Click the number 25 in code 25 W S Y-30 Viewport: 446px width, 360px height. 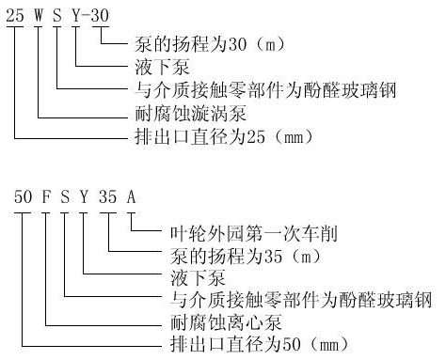pyautogui.click(x=16, y=17)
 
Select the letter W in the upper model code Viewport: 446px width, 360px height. pyautogui.click(x=40, y=17)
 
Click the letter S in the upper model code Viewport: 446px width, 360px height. pyautogui.click(x=62, y=17)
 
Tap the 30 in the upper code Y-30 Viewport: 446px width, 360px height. pyautogui.click(x=109, y=17)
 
